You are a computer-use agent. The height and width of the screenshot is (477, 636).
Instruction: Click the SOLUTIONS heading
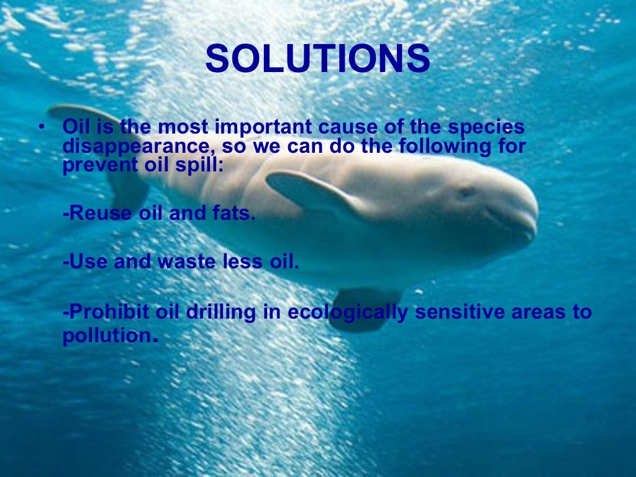(317, 60)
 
